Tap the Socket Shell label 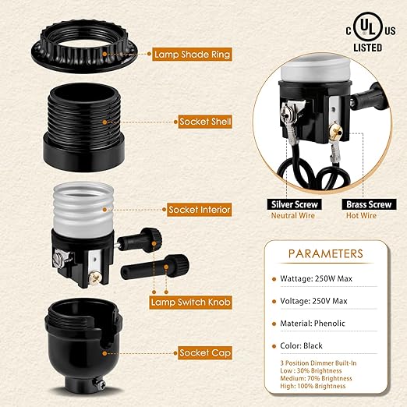pyautogui.click(x=205, y=122)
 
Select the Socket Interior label pyautogui.click(x=199, y=210)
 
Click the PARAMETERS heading pyautogui.click(x=325, y=254)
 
